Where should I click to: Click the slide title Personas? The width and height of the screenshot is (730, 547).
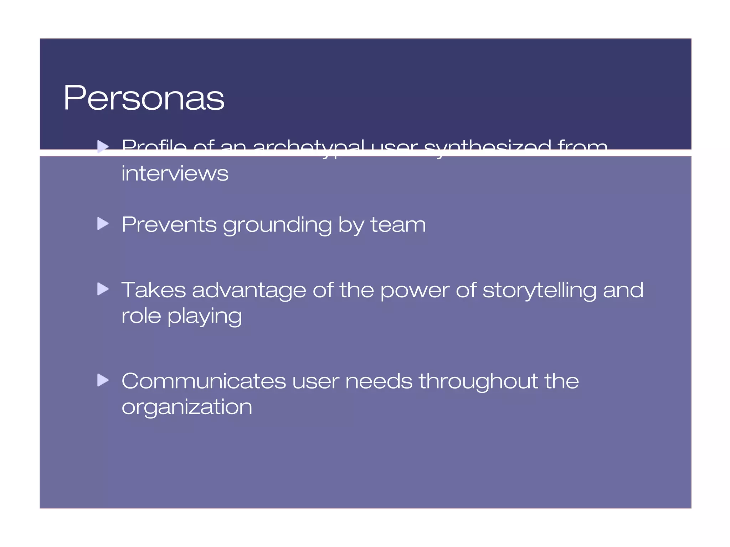pos(144,98)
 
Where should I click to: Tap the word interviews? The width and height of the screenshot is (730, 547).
pos(175,173)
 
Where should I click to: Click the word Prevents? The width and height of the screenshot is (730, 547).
pos(169,225)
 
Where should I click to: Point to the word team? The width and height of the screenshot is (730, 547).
pos(398,225)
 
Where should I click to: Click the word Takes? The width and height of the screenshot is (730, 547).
pos(154,290)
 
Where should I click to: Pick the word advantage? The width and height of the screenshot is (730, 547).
pos(249,291)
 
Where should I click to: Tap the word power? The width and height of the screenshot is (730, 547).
pos(415,291)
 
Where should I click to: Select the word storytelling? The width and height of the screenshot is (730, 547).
pos(539,290)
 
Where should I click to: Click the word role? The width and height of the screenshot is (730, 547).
pos(141,316)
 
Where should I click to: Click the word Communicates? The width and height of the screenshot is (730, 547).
pos(204,381)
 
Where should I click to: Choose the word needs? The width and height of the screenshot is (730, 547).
pos(379,381)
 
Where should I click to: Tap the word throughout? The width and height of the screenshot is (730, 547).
pos(478,381)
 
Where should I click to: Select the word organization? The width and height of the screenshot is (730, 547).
pos(187,407)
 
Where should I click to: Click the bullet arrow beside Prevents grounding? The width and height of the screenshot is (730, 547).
pos(103,224)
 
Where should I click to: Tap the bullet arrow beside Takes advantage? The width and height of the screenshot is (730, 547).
pos(103,289)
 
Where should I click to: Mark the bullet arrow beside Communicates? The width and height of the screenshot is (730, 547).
pos(103,380)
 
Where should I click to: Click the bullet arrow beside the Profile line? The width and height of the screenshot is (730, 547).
pos(103,146)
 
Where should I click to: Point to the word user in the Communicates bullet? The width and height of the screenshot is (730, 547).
pos(315,382)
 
